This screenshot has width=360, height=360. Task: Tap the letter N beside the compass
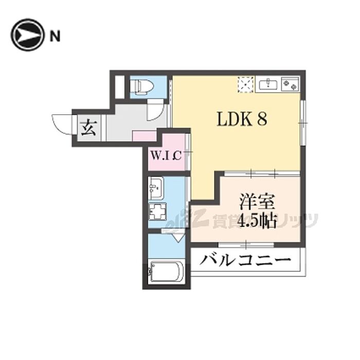(55, 36)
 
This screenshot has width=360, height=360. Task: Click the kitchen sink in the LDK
(269, 84)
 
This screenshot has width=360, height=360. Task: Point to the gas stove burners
(291, 84)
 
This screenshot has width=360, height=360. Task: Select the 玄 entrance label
(88, 127)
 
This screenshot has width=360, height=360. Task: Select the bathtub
(165, 272)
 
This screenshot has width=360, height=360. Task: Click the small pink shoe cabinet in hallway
(145, 136)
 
